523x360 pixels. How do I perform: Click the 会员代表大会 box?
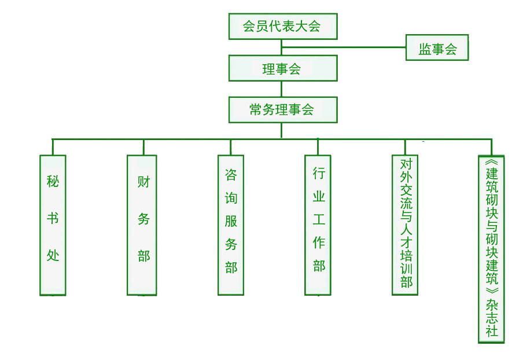point(282,26)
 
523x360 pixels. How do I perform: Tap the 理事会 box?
point(282,68)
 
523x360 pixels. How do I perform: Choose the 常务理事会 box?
point(282,109)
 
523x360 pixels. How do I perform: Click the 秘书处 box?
point(53,225)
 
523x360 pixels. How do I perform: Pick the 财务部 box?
point(142,225)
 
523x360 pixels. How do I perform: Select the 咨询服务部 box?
point(231,225)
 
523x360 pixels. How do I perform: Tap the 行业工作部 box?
point(318,225)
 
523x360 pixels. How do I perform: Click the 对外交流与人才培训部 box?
point(405,225)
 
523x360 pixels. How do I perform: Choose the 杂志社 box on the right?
point(491,249)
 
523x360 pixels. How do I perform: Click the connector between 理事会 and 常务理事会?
point(282,89)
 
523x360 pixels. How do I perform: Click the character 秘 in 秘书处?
point(53,181)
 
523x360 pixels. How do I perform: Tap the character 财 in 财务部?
point(143,181)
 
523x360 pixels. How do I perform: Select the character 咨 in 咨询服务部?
point(231,175)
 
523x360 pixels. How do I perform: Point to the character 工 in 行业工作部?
point(319,219)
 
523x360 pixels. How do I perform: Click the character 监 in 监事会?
point(425,49)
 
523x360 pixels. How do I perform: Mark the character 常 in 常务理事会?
point(256,109)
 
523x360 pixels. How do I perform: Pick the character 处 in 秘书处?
point(53,255)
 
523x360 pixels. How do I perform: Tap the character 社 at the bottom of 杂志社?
point(492,331)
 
